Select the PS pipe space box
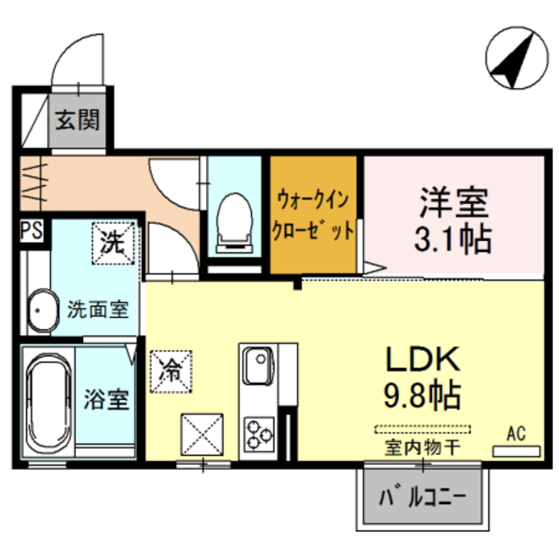[x=31, y=231]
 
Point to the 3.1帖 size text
[x=452, y=238]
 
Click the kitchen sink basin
[x=258, y=365]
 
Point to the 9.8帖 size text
[x=423, y=397]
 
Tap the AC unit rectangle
[x=516, y=452]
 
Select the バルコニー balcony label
[x=422, y=500]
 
